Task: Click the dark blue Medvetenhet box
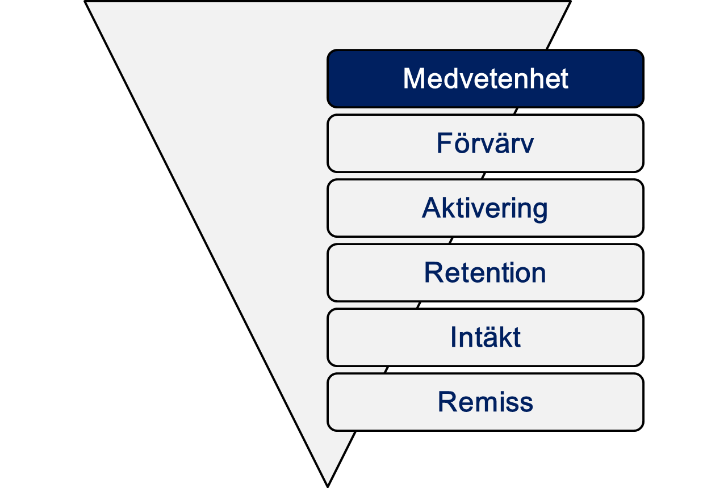coord(485,78)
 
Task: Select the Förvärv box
coord(485,143)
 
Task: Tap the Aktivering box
coord(485,208)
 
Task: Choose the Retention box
coord(485,272)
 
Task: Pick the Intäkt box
coord(485,338)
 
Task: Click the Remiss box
coord(485,402)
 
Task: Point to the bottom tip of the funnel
coord(328,486)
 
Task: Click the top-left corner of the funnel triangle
coord(85,2)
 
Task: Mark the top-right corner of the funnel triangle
coord(570,2)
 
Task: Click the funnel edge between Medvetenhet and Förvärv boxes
coord(516,111)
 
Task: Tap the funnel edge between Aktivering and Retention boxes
coord(451,240)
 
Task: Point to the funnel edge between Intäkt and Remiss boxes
coord(386,369)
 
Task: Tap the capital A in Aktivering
coord(432,208)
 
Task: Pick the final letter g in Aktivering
coord(540,211)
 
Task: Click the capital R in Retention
coord(434,272)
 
